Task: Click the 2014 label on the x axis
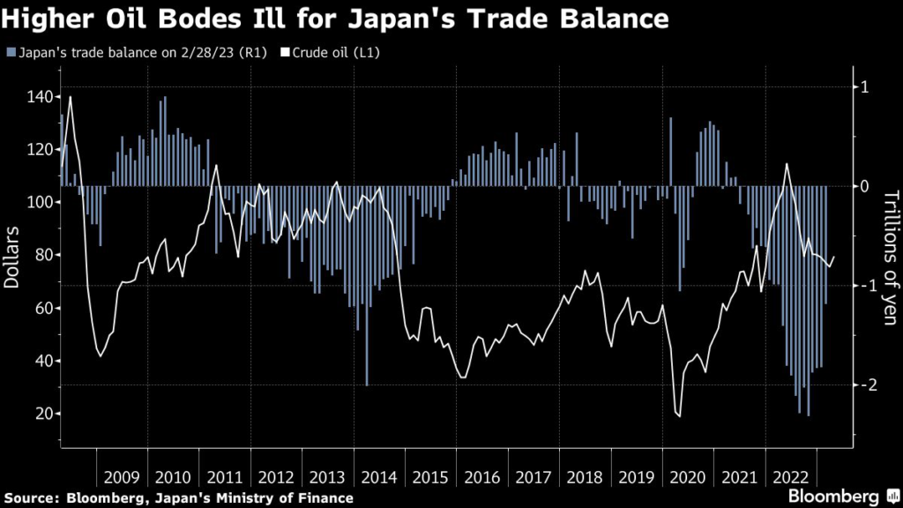click(380, 478)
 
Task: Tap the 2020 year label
click(689, 478)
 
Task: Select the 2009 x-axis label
click(122, 478)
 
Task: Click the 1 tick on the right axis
click(865, 86)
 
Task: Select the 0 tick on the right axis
click(865, 186)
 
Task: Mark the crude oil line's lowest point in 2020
click(679, 416)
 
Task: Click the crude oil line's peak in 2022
click(787, 164)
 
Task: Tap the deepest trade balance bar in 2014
click(367, 385)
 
